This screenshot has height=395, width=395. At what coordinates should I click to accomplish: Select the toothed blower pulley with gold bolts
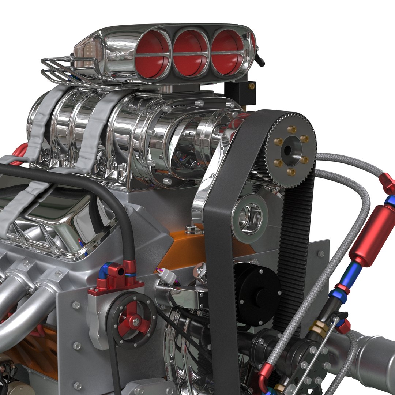tap(290, 150)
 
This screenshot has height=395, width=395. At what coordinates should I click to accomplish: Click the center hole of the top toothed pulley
tap(287, 150)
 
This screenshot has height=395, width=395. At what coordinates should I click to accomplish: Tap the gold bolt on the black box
tap(251, 86)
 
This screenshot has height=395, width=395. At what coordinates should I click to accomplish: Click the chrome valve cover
tap(55, 219)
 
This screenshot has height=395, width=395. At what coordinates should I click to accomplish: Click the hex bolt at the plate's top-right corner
tap(321, 253)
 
